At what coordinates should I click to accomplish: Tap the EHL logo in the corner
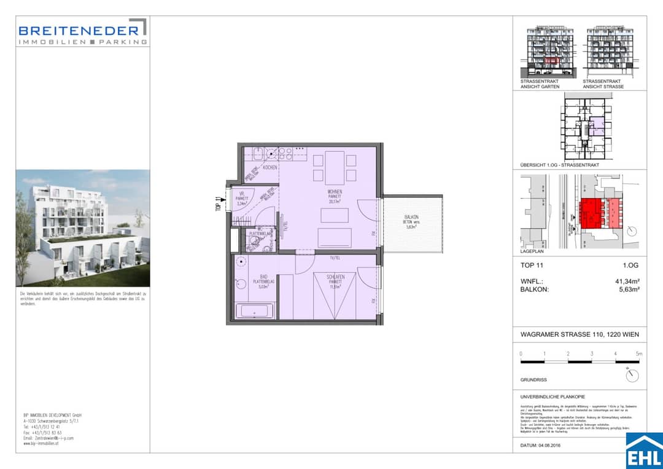tap(644, 451)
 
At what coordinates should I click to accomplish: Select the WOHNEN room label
tap(335, 192)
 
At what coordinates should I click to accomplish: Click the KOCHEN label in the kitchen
tap(270, 167)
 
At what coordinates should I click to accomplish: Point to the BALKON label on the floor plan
tap(411, 222)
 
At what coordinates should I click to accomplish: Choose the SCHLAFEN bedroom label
tap(335, 277)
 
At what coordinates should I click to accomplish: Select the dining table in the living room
tap(335, 167)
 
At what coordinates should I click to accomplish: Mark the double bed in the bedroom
tap(335, 296)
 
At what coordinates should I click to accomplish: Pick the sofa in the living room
tap(335, 237)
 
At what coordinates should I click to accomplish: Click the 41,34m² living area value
tap(625, 281)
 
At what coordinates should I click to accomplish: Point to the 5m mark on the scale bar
tap(638, 354)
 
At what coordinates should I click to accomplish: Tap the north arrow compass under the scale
tap(632, 375)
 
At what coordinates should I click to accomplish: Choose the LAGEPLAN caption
tap(532, 251)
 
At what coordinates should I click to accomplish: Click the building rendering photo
tap(82, 227)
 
